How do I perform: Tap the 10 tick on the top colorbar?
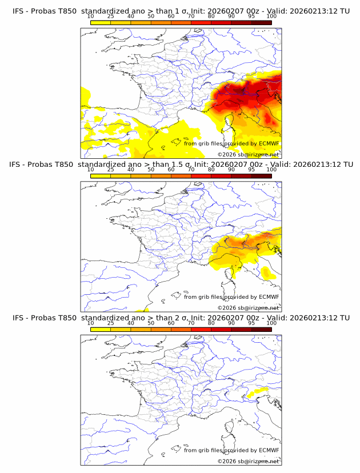90,17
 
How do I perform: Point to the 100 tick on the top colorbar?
271,17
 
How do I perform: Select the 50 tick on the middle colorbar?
151,170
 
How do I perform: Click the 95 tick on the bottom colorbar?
251,323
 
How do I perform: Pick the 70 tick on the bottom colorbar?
191,323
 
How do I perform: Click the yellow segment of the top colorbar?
100,22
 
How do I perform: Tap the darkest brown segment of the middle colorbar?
261,175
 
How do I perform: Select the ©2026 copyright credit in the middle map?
248,308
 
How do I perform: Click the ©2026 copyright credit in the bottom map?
248,461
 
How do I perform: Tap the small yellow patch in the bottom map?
259,391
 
